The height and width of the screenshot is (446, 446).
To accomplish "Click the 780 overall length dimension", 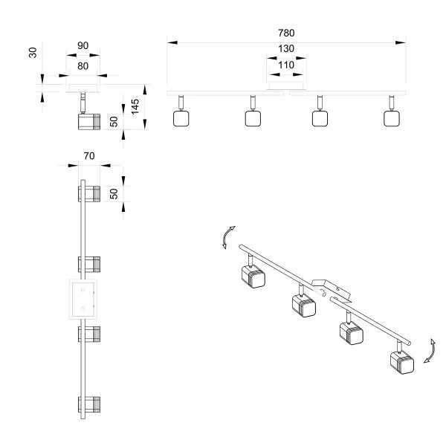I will point(286,33).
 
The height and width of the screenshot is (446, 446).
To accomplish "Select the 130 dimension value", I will point(286,49).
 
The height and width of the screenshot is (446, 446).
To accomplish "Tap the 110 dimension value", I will point(286,65).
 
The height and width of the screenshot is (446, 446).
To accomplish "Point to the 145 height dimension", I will point(135,106).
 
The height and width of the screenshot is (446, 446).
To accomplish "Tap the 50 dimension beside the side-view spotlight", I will point(114,121).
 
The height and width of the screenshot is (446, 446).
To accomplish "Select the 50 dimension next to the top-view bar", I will point(114,194).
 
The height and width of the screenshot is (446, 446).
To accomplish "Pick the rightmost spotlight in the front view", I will point(391,117).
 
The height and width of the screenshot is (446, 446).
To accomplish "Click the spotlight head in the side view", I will point(88,120).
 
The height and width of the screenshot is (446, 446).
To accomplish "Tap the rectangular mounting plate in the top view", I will point(83,299).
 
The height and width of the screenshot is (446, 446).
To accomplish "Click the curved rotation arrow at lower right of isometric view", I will point(428,351).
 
